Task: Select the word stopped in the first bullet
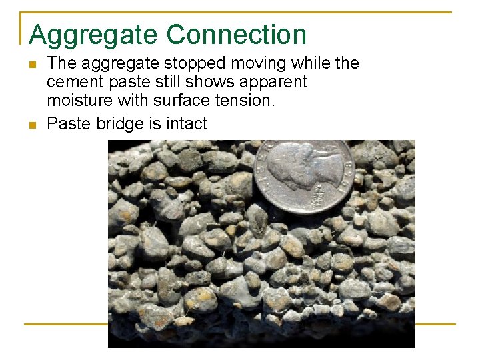pos(200,63)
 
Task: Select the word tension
pos(247,101)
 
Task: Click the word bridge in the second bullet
pos(120,124)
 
